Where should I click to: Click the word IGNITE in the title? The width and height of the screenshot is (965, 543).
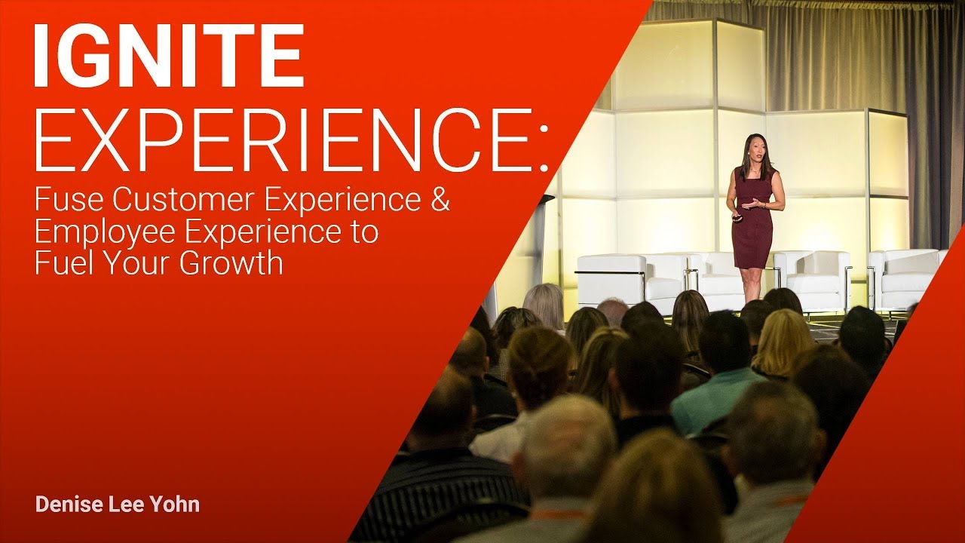168,57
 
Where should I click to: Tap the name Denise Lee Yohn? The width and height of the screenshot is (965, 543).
118,505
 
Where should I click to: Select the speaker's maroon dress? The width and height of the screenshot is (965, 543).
752,226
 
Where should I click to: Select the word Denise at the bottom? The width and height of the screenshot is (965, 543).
66,505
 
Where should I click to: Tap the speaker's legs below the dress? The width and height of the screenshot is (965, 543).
751,283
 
